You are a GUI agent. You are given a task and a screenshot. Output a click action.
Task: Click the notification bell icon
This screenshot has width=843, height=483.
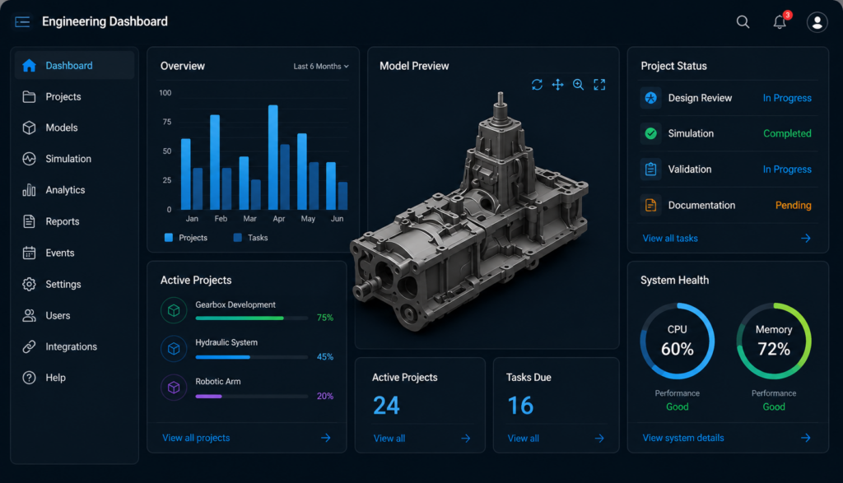(x=780, y=21)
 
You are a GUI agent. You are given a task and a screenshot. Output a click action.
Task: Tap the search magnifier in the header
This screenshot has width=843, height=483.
(x=743, y=21)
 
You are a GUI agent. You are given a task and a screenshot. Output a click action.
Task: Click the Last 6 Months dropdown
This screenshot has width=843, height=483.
(x=321, y=66)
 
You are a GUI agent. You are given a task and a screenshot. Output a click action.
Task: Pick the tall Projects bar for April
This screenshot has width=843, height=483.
(x=273, y=157)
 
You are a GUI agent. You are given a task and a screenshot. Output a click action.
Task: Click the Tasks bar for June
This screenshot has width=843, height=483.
(x=342, y=196)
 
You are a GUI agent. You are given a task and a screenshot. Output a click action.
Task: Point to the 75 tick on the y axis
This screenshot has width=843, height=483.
(x=166, y=122)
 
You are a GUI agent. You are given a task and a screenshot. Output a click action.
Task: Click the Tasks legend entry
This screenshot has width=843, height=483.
(x=250, y=238)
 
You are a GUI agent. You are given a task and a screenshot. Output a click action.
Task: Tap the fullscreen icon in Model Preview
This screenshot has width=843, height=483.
(x=599, y=85)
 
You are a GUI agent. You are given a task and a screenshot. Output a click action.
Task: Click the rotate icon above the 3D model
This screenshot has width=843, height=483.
(x=537, y=85)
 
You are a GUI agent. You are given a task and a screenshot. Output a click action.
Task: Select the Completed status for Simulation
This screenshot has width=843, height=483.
(x=787, y=133)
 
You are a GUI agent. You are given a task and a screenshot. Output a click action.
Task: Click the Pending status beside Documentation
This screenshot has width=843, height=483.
(x=793, y=205)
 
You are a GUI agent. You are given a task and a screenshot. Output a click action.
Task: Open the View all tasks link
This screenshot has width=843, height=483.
(x=670, y=238)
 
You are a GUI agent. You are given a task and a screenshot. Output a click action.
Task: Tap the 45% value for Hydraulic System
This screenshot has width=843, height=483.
(x=324, y=357)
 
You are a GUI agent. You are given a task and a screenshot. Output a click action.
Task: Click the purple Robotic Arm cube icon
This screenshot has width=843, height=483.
(x=174, y=388)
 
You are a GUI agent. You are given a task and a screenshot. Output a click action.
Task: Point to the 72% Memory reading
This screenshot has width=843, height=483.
(x=774, y=349)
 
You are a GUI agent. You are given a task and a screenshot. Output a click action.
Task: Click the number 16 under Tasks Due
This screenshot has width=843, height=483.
(x=520, y=406)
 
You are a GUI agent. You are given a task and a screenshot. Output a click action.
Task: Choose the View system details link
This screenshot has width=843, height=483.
(x=683, y=438)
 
